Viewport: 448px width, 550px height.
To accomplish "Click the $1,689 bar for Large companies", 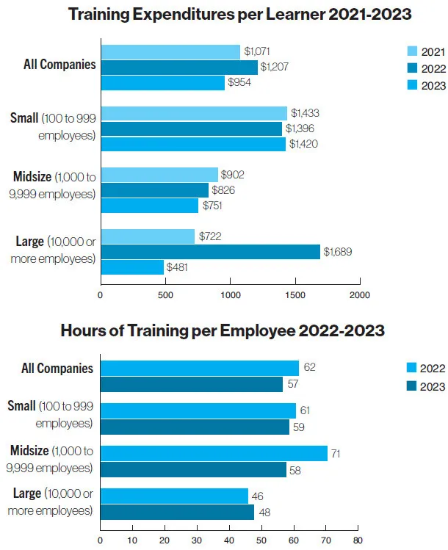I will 210,252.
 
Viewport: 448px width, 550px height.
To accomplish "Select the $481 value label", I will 177,267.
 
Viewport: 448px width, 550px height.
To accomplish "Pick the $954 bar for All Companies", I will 162,83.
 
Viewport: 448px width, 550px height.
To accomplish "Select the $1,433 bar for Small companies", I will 194,113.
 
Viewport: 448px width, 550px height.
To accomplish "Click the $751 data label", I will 212,206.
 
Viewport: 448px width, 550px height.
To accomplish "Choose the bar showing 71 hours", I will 214,454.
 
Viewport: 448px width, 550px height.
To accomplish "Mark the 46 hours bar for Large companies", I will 174,496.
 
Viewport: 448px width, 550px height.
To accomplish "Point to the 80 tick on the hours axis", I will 357,541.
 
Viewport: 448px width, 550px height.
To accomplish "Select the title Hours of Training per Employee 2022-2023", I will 223,330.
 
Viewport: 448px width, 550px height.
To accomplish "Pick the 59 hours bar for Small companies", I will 195,426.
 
